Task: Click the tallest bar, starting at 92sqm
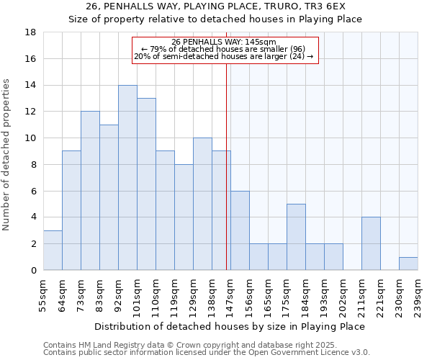tap(127, 178)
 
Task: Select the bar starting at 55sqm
tap(53, 251)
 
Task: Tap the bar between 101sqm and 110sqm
tap(146, 184)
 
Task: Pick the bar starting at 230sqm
tap(408, 264)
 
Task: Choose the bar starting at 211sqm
tap(371, 243)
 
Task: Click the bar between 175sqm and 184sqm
tap(296, 237)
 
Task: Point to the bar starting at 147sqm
tap(240, 230)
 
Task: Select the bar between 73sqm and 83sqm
tap(90, 191)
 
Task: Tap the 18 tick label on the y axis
tap(31, 32)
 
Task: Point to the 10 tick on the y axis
tap(31, 138)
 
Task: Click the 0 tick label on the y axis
tap(33, 271)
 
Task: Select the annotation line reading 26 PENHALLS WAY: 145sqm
tap(224, 42)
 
